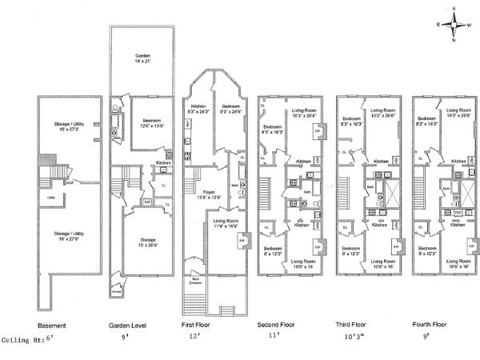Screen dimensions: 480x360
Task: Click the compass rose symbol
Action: coord(452,23)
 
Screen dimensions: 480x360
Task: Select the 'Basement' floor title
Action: coord(52,326)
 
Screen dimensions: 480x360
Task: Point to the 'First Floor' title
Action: coord(198,326)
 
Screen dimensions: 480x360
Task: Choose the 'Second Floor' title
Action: coord(276,326)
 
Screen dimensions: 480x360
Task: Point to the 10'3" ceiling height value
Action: coord(354,338)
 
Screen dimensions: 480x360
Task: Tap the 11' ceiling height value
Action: coord(274,338)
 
